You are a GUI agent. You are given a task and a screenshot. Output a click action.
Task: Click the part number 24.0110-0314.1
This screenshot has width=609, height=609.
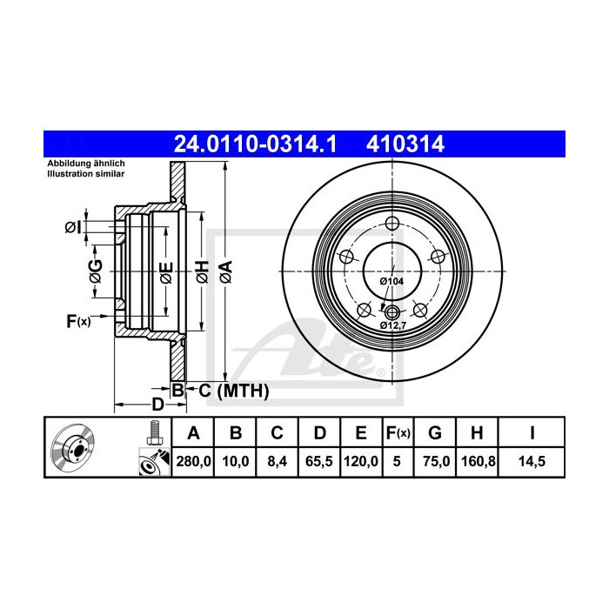(255, 144)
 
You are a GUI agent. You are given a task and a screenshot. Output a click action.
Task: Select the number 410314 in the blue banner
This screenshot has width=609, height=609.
(405, 144)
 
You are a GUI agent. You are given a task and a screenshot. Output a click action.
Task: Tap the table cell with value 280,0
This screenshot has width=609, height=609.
(193, 461)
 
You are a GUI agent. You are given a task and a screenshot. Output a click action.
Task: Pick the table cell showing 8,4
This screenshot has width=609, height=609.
(277, 461)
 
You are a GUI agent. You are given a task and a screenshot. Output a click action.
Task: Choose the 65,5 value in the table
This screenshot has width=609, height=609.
(319, 461)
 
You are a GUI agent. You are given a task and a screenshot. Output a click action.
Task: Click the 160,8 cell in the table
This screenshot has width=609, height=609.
(478, 461)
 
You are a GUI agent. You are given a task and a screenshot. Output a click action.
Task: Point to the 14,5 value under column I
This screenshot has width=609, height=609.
(532, 461)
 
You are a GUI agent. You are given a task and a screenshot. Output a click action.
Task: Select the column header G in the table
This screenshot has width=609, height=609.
(435, 432)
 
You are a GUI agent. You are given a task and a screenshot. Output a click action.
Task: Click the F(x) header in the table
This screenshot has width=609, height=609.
(398, 432)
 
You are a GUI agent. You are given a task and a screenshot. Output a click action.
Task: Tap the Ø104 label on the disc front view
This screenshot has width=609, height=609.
(391, 281)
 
